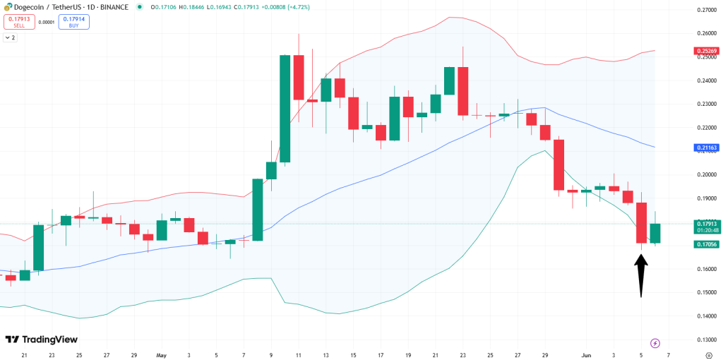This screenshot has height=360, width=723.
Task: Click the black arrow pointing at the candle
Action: click(x=641, y=275)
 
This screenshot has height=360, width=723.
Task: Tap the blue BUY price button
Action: click(x=73, y=22)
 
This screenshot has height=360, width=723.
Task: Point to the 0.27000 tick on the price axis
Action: click(x=707, y=10)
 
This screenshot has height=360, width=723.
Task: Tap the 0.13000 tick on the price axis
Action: click(x=707, y=340)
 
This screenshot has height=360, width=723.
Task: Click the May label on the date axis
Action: click(x=162, y=356)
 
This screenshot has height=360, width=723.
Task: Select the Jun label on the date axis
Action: click(x=587, y=356)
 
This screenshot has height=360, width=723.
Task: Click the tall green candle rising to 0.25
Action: click(x=285, y=109)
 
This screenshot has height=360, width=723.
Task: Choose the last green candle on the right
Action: click(x=655, y=233)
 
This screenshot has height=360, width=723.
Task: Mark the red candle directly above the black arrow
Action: click(x=641, y=222)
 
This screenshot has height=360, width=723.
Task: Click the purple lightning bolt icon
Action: click(x=655, y=343)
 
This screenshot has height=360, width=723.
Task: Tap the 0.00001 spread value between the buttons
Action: click(x=47, y=22)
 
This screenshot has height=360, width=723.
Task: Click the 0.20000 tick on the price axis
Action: click(x=707, y=174)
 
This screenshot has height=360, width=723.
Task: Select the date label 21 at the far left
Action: click(x=24, y=356)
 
